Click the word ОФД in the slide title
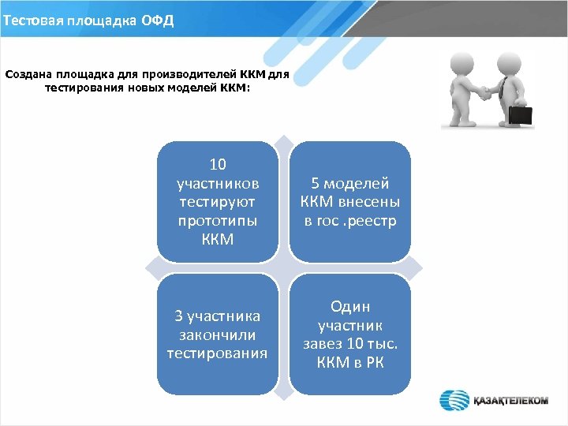click(x=157, y=18)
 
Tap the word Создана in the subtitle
click(x=30, y=76)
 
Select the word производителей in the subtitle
click(x=192, y=76)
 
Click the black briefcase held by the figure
click(x=520, y=115)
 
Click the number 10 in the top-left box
click(x=218, y=165)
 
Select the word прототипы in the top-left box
click(x=218, y=220)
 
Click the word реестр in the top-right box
click(x=374, y=221)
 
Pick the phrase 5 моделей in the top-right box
click(x=349, y=184)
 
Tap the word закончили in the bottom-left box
click(x=218, y=334)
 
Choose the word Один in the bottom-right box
click(x=350, y=307)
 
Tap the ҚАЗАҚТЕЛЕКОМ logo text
click(x=510, y=401)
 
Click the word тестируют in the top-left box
click(x=218, y=202)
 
